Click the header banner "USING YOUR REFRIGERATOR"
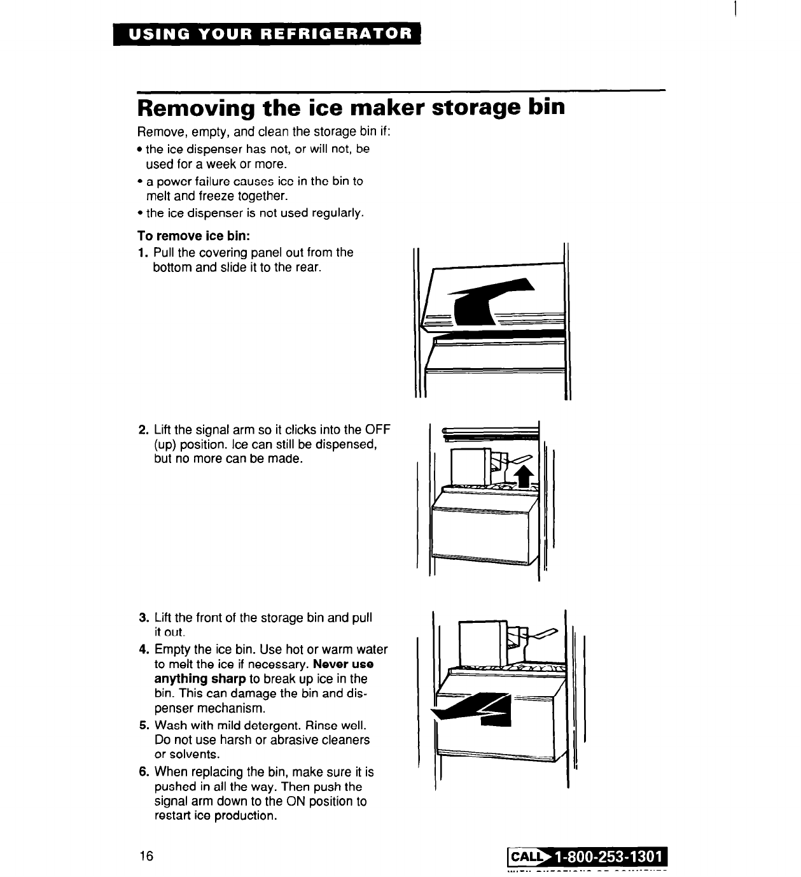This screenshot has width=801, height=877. point(267,34)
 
